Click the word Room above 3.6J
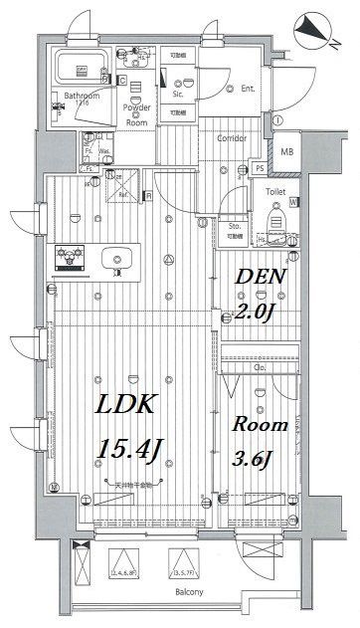260,424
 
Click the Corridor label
232,138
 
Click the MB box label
287,151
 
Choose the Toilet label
275,191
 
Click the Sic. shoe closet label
178,96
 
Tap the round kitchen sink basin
122,262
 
